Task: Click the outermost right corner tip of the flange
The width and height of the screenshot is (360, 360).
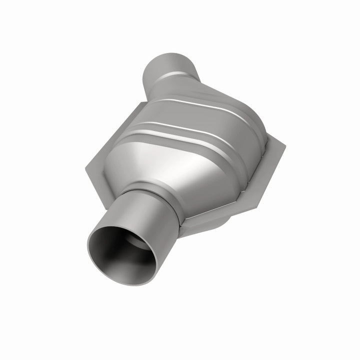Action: [x=285, y=147]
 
